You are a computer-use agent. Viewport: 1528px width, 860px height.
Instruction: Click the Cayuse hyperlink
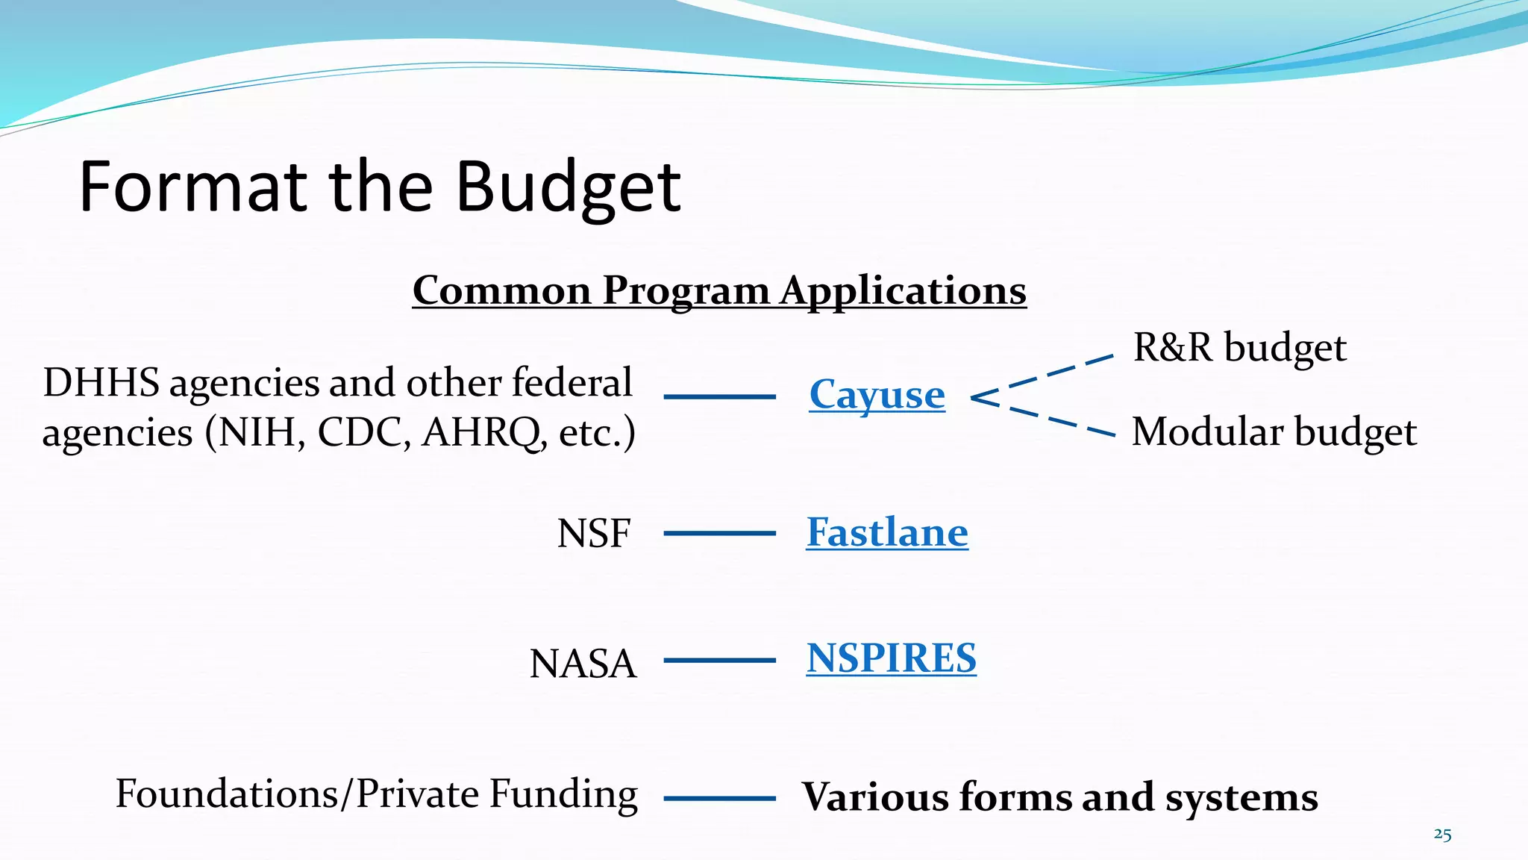877,395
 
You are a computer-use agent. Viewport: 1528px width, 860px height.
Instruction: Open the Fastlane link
887,532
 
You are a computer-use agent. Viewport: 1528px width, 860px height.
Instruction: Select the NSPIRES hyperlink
891,658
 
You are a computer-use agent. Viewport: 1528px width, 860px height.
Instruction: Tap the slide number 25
1442,835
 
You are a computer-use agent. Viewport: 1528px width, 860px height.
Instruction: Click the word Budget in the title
567,187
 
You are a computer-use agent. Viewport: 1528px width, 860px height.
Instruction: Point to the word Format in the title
192,187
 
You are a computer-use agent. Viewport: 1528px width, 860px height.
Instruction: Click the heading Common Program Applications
719,290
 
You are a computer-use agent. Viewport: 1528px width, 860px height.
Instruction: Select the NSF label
593,534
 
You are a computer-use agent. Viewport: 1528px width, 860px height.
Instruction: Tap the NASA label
583,664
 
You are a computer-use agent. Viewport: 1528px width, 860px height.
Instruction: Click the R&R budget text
1239,348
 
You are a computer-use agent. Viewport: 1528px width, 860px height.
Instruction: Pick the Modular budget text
1274,432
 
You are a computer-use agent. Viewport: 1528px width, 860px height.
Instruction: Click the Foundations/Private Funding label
376,794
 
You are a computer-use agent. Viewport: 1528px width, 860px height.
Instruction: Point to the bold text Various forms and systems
1059,797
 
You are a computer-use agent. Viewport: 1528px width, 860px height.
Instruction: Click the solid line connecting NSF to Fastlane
719,533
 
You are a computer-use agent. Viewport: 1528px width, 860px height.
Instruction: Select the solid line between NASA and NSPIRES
719,661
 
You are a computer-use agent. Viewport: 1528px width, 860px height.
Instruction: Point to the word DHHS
101,383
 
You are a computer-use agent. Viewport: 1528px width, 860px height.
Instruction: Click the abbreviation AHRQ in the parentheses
481,433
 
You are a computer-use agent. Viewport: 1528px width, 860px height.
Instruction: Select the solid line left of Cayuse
719,396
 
